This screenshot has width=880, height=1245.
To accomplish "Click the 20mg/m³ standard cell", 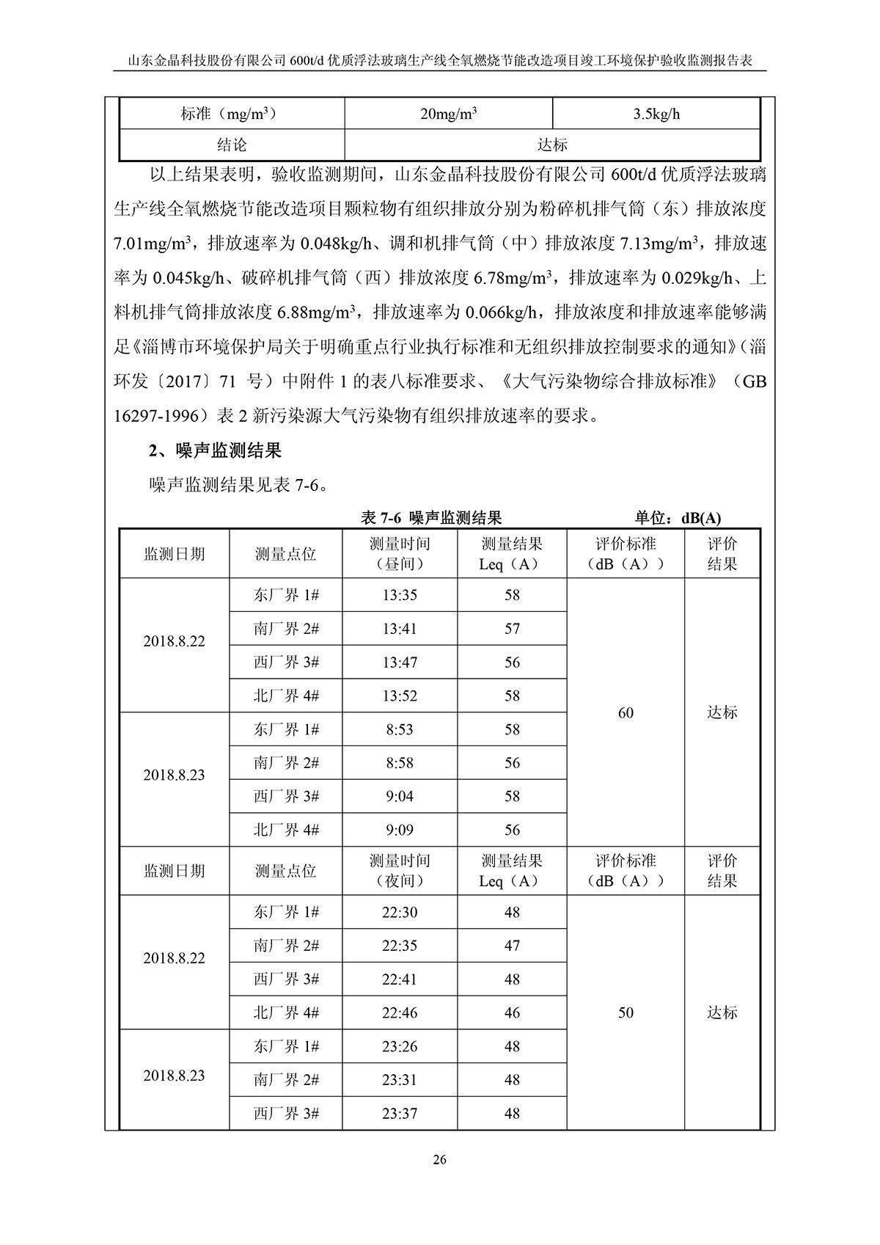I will [449, 114].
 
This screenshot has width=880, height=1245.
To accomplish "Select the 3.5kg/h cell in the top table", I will [656, 114].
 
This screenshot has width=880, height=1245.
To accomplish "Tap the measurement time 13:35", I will [400, 595].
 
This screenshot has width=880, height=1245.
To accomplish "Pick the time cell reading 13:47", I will [400, 662].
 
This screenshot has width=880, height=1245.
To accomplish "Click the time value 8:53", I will [400, 729].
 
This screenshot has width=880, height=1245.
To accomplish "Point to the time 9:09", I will [400, 830].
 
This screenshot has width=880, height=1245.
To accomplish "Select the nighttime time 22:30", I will [400, 912].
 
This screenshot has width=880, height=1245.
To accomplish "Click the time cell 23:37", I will [400, 1113].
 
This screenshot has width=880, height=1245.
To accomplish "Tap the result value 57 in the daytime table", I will [512, 629].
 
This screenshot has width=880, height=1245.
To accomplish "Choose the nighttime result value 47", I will [512, 946].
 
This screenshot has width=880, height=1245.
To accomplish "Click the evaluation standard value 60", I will [626, 712].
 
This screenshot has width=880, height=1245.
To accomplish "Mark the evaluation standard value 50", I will [626, 1012].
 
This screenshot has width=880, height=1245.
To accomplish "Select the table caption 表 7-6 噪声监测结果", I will [432, 518].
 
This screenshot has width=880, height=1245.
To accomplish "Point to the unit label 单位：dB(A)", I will [678, 518].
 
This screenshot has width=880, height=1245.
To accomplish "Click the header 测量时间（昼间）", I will [400, 554].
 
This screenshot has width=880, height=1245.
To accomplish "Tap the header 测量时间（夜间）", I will [400, 871].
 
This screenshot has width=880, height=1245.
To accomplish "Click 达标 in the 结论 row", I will [552, 145].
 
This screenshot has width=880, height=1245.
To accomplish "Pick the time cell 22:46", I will [400, 1012].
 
